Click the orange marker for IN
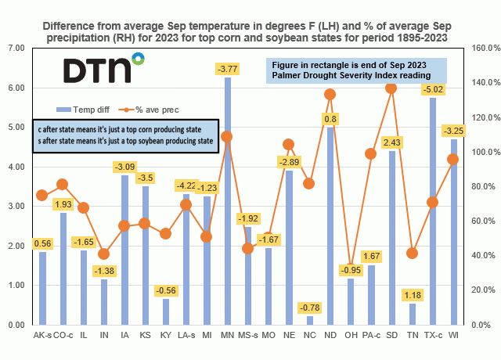point(104,254)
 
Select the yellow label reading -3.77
point(227,70)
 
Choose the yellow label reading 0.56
point(44,243)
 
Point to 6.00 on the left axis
point(17,88)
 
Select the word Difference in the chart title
point(74,11)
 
